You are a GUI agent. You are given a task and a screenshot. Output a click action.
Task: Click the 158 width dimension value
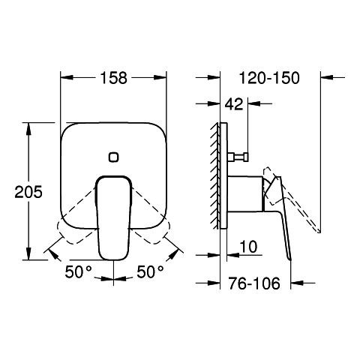click(114, 78)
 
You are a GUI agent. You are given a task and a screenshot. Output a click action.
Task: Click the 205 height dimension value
click(28, 192)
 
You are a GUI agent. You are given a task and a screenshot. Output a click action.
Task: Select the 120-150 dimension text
click(269, 78)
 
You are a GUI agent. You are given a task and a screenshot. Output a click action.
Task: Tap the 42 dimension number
click(234, 104)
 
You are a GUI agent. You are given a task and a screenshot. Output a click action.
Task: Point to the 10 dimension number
click(248, 247)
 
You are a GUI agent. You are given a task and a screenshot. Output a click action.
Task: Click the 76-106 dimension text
click(254, 283)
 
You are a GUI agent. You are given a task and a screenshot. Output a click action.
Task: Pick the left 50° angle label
click(79, 271)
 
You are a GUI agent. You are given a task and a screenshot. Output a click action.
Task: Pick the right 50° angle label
click(150, 271)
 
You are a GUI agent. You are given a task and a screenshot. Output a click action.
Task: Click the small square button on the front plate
click(114, 157)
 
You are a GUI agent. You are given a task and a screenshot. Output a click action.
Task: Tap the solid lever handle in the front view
click(114, 217)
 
